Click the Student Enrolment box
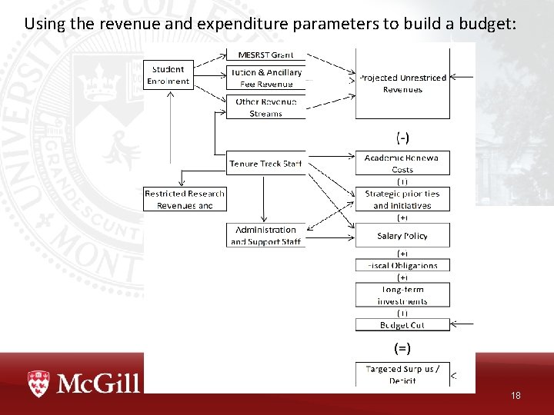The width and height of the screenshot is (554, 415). coord(168,75)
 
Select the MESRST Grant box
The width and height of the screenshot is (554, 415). coord(265,55)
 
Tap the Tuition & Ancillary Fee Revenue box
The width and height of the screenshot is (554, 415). coord(265,78)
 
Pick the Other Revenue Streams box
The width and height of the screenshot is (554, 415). coord(265,108)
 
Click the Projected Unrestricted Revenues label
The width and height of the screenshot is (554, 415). coord(402,83)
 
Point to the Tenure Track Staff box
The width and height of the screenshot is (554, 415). coord(265,164)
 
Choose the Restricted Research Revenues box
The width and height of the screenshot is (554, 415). coord(185,200)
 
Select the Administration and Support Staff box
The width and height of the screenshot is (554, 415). coord(265,235)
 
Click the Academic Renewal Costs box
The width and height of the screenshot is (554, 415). coord(402,163)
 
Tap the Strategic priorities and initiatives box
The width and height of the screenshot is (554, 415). coord(402,200)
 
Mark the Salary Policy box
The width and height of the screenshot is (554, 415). coord(402,236)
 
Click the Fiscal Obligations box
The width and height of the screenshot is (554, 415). coord(402,265)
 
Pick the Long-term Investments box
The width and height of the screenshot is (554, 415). coord(402,295)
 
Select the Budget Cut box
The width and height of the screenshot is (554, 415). coord(402,325)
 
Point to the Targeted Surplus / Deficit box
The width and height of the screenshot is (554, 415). coord(402,374)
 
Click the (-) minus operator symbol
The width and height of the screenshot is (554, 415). coord(402,138)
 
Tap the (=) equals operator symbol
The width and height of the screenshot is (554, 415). coord(402,348)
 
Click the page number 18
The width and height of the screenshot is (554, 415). coord(516,396)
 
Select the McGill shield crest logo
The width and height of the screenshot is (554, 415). coord(38,383)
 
